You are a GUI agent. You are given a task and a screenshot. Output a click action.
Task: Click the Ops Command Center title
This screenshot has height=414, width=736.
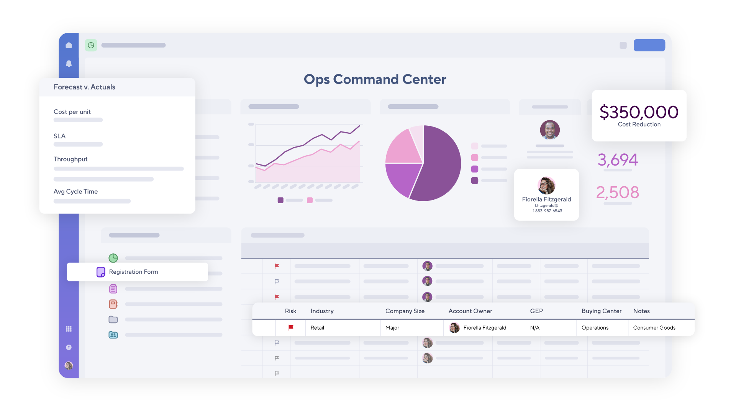(x=375, y=79)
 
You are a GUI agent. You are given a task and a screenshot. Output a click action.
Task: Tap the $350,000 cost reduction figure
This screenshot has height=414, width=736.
(x=639, y=112)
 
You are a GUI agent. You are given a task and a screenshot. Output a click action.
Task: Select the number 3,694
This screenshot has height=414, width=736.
(x=618, y=160)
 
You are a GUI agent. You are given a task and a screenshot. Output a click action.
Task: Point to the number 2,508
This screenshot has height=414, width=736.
(x=618, y=192)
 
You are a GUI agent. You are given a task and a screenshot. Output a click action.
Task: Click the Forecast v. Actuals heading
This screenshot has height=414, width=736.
(x=84, y=87)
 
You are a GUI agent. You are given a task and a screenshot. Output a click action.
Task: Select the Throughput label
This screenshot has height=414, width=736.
(x=70, y=159)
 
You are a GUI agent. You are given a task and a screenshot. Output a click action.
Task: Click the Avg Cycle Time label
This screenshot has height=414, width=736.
(x=75, y=192)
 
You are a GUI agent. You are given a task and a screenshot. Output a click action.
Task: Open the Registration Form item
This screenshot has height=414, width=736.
(x=133, y=272)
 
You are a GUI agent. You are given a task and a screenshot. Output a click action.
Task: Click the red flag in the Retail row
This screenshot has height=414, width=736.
(x=291, y=327)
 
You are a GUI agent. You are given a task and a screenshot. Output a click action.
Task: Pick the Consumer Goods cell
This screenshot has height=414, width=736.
(x=654, y=328)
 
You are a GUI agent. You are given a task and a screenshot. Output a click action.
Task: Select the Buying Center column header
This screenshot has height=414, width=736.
(x=601, y=311)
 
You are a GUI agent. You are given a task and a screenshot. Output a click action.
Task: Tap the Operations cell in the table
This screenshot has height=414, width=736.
(x=595, y=328)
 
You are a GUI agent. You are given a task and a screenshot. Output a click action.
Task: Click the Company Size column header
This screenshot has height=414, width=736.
(x=405, y=311)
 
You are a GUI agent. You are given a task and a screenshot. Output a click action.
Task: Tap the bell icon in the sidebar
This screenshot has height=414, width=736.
(x=69, y=63)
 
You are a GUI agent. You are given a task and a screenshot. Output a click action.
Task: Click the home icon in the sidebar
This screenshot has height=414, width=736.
(x=69, y=45)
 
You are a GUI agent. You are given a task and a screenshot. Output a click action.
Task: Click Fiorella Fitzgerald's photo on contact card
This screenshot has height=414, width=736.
(x=546, y=186)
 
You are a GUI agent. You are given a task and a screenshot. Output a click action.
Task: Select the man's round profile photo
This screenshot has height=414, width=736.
(x=549, y=130)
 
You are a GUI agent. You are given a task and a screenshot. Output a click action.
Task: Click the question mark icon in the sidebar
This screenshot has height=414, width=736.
(x=69, y=347)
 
